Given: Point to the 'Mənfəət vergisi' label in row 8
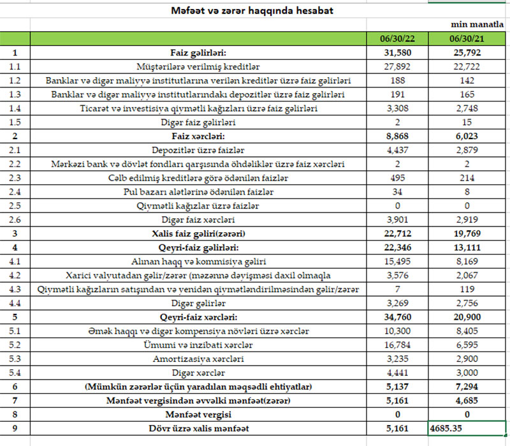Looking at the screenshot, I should click(199, 414).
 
